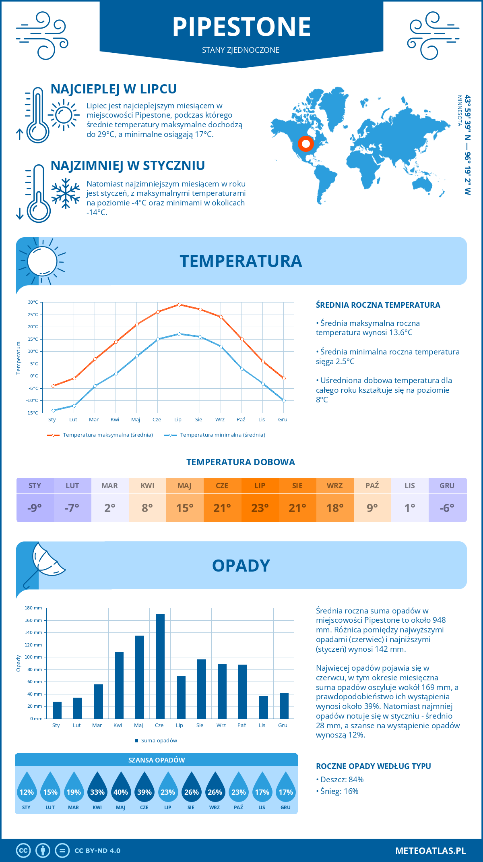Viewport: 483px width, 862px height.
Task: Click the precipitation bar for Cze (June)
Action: (x=160, y=666)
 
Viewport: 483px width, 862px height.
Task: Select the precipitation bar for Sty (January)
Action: (x=57, y=710)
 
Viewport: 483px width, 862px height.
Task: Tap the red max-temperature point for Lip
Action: (x=179, y=305)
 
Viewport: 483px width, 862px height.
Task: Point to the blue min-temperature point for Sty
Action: (x=53, y=410)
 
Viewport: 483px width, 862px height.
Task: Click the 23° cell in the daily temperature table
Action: (x=260, y=508)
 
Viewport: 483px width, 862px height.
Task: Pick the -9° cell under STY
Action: (x=35, y=508)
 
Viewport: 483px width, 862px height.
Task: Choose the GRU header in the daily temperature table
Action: (x=447, y=486)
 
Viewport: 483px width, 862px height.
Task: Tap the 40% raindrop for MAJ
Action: (x=121, y=787)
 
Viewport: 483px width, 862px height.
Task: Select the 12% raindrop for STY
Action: (x=27, y=787)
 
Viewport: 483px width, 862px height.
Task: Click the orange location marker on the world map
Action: (x=306, y=144)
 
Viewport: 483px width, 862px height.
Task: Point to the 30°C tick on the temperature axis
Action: (x=33, y=302)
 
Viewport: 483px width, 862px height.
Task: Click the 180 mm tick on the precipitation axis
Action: (x=33, y=608)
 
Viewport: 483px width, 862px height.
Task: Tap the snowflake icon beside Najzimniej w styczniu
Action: (x=66, y=193)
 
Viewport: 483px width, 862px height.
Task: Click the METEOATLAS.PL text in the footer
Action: (x=430, y=851)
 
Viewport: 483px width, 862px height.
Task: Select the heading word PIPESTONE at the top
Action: (x=242, y=27)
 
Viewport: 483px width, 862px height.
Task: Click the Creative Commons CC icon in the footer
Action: (x=23, y=851)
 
